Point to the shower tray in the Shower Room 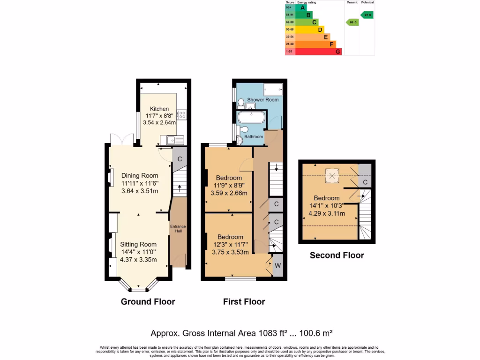point(273,89)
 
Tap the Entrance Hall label point(178,229)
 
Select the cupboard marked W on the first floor point(278,266)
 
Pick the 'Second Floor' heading point(337,255)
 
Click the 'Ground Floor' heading point(148,301)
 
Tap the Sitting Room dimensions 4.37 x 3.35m point(138,260)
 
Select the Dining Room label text point(140,176)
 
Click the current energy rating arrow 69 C point(352,22)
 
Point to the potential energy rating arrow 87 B point(367,15)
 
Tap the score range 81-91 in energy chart point(290,15)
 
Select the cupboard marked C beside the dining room point(179,158)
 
